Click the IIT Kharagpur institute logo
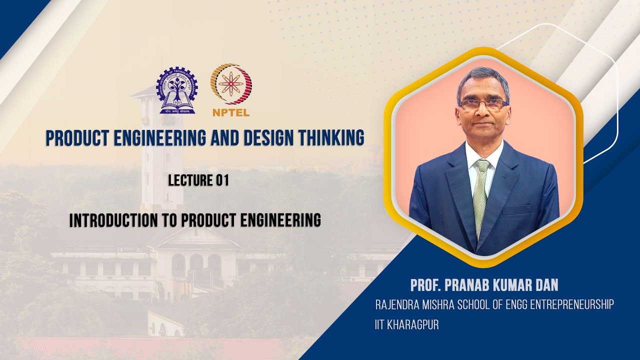[177, 90]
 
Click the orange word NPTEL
[230, 112]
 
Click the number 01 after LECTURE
[222, 180]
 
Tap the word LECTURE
[190, 180]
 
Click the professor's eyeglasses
[482, 104]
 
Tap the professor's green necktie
[480, 195]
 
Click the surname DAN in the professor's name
[545, 285]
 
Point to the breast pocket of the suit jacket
[517, 210]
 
